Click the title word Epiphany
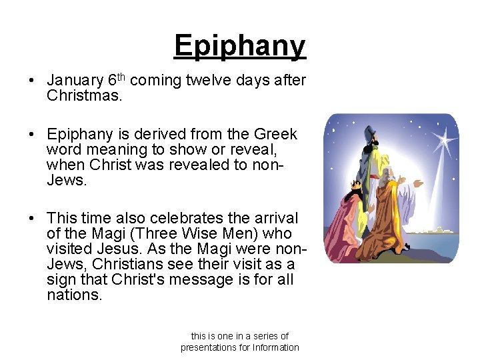pyautogui.click(x=239, y=46)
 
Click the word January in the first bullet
pyautogui.click(x=75, y=81)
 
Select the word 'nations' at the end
pyautogui.click(x=73, y=295)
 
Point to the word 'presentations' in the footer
pyautogui.click(x=211, y=347)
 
